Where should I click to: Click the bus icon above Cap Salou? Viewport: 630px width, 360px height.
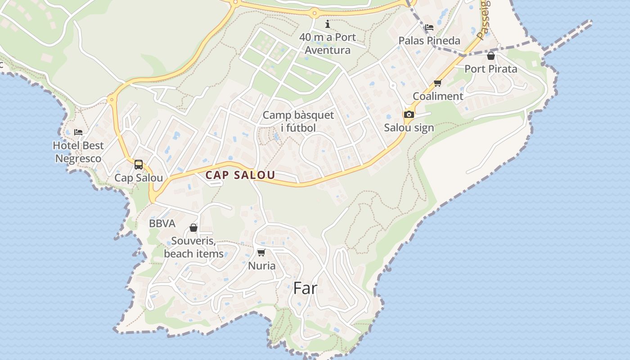coord(139,165)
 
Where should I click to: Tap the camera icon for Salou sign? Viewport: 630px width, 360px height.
coord(409,115)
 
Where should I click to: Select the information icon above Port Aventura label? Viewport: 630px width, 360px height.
coord(327,24)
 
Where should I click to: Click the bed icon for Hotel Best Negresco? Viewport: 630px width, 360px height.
coord(78,132)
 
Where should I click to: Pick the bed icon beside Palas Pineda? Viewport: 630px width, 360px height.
coord(429,27)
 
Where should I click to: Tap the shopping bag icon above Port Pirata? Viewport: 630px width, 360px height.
coord(491,56)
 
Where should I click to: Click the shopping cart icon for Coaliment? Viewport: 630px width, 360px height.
coord(437,83)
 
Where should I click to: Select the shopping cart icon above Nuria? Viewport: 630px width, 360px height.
coord(261,252)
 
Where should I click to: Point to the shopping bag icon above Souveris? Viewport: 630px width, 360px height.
coord(193,228)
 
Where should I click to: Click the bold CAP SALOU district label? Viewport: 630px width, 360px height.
coord(240,175)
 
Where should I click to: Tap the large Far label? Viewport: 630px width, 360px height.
coord(305,288)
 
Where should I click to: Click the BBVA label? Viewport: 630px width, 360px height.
coord(162,224)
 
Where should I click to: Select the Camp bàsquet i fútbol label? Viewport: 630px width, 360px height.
coord(298,121)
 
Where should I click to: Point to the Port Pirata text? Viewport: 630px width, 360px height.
coord(490,69)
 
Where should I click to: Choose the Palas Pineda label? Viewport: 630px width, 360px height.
coord(429,41)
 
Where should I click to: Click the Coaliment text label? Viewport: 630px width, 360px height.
coord(438,96)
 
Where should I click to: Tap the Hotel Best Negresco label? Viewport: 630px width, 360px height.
coord(78,152)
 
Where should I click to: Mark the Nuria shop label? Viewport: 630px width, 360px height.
coord(262,266)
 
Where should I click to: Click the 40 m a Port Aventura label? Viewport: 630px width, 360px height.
coord(328,44)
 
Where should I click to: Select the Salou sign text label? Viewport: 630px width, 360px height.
coord(409,128)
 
